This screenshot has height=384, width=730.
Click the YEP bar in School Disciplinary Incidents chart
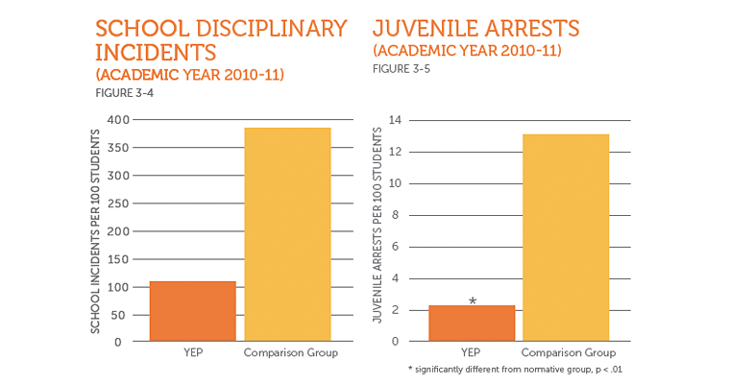point(193,311)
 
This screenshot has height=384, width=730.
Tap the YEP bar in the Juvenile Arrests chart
point(472,324)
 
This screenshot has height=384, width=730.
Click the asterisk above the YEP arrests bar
point(473,301)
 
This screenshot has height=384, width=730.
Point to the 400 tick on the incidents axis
point(116,120)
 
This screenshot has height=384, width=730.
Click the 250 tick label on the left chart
point(116,204)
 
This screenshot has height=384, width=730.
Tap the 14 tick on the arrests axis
point(394,120)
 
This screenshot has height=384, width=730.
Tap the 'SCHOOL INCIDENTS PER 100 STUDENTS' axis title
point(96,230)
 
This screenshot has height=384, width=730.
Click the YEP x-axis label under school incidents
point(193,353)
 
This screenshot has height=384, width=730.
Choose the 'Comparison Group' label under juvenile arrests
point(567,353)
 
